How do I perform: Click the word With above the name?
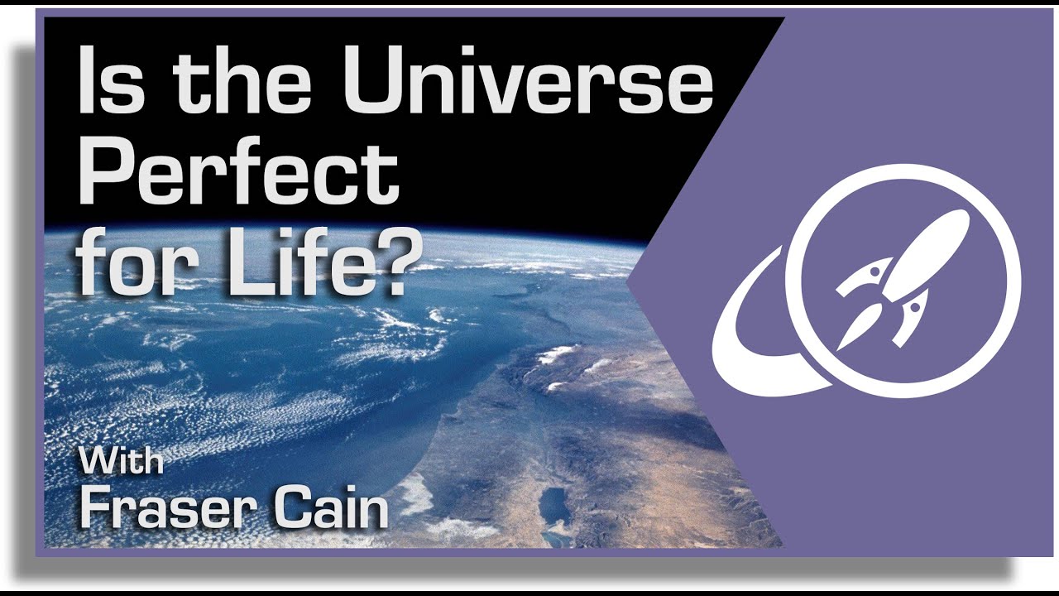click(122, 461)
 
